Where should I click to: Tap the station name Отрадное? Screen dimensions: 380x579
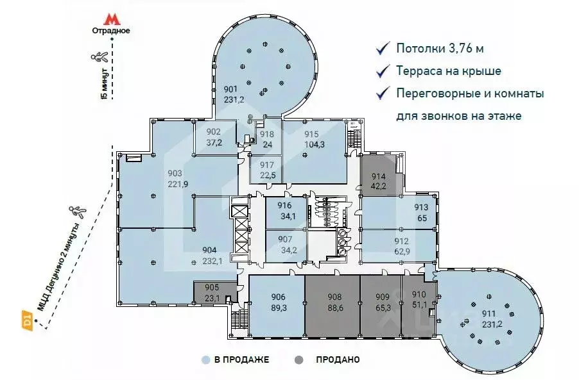(x=112, y=30)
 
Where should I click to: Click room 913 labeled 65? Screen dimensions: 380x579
(x=420, y=211)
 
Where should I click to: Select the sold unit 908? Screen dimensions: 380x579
(x=331, y=302)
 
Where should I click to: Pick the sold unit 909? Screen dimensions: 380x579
(x=383, y=302)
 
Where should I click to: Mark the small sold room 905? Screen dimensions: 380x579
(x=212, y=292)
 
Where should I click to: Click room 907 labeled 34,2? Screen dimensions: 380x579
(x=286, y=245)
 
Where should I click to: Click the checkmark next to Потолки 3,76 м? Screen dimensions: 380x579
(x=383, y=48)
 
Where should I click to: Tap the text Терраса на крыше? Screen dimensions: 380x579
(x=449, y=71)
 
